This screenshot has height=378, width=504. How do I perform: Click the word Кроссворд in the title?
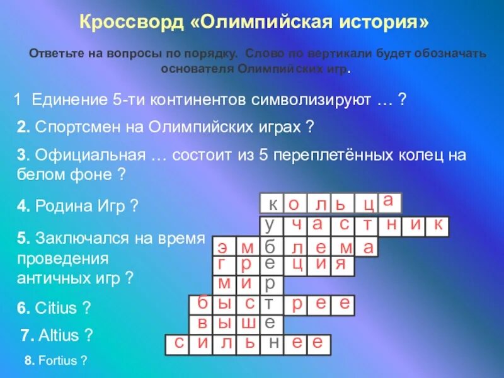point(130,23)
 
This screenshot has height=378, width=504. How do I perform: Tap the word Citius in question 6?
point(55,309)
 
